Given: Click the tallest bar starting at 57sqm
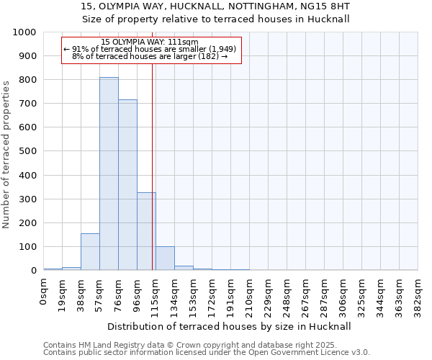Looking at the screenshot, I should click(109, 174).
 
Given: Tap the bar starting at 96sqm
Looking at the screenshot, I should click(146, 231).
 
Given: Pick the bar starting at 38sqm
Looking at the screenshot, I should click(90, 252).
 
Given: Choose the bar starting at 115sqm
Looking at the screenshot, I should click(165, 258).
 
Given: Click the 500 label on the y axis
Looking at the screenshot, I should click(27, 151).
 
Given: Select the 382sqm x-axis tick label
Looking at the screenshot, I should click(418, 292).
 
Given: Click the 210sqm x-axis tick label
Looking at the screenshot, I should click(250, 292).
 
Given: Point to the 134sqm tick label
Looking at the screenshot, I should click(175, 292).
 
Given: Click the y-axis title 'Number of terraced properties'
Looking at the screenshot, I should click(7, 154).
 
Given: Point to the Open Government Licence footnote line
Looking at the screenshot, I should click(206, 353).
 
